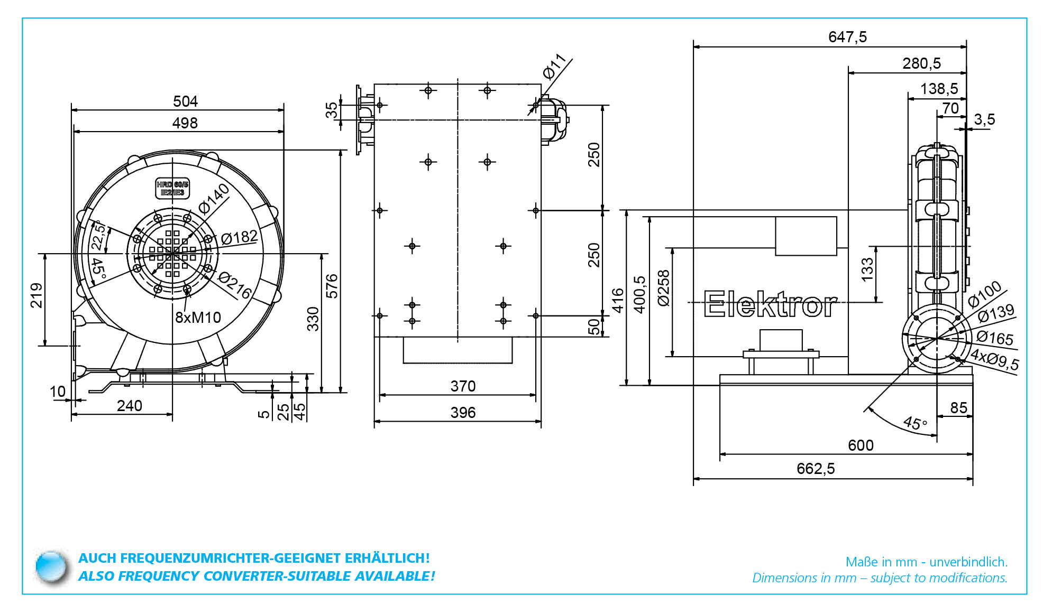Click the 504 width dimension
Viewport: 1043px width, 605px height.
click(185, 101)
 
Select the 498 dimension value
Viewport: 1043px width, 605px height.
click(185, 123)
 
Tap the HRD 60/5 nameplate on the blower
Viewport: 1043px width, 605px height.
click(172, 189)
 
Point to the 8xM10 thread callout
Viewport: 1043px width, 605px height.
click(198, 318)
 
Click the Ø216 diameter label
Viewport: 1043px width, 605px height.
click(235, 285)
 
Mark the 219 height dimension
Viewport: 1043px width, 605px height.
click(36, 296)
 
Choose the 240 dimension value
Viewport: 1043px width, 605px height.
click(130, 406)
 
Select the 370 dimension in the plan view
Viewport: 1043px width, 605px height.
click(463, 386)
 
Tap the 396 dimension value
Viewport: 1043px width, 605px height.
click(463, 413)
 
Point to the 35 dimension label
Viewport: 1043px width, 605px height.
click(331, 110)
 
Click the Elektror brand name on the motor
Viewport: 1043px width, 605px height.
click(771, 305)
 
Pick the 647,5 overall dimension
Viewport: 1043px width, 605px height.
click(847, 37)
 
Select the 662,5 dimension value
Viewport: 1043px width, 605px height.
click(816, 469)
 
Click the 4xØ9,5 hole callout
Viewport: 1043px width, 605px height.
click(995, 359)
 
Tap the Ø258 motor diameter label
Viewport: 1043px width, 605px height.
click(664, 288)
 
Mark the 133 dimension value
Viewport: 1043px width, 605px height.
click(867, 269)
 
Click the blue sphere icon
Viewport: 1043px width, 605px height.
click(51, 567)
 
